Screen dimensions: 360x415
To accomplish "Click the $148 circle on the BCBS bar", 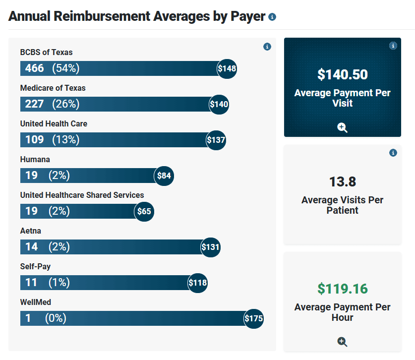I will (x=227, y=68).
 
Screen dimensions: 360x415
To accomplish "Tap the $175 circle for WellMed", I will (x=253, y=318).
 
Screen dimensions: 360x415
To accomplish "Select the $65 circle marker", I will (x=144, y=211).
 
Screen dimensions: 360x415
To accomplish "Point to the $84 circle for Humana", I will (x=164, y=176).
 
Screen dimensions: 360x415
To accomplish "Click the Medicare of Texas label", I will (x=53, y=88).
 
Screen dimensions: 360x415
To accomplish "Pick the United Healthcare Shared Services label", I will (x=82, y=195).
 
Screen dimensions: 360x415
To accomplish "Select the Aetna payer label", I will (x=31, y=231).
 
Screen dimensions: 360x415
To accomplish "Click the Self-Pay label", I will (x=35, y=266).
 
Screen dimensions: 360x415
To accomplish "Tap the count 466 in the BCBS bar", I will (x=35, y=68).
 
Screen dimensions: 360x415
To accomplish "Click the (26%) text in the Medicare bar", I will (x=66, y=104).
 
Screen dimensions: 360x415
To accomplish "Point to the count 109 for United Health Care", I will (x=35, y=140).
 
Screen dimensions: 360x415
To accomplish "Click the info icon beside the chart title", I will (x=272, y=17).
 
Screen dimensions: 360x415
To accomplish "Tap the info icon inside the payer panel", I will (x=267, y=47).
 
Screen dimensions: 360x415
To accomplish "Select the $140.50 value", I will (x=343, y=74).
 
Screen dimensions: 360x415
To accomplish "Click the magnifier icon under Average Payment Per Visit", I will (x=342, y=127).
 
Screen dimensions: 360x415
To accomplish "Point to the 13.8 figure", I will (x=343, y=181).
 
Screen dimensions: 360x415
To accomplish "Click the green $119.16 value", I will (x=343, y=289).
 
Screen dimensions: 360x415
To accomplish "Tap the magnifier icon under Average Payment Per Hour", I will (x=342, y=341).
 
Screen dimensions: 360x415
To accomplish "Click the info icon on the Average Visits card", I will (x=393, y=153).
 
